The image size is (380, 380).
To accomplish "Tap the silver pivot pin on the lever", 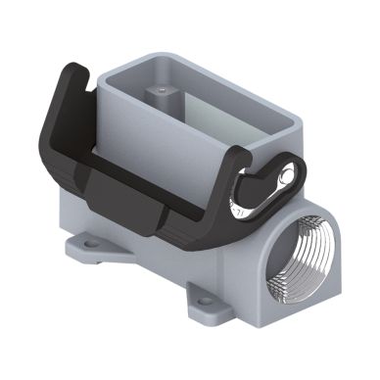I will coord(286,176).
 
